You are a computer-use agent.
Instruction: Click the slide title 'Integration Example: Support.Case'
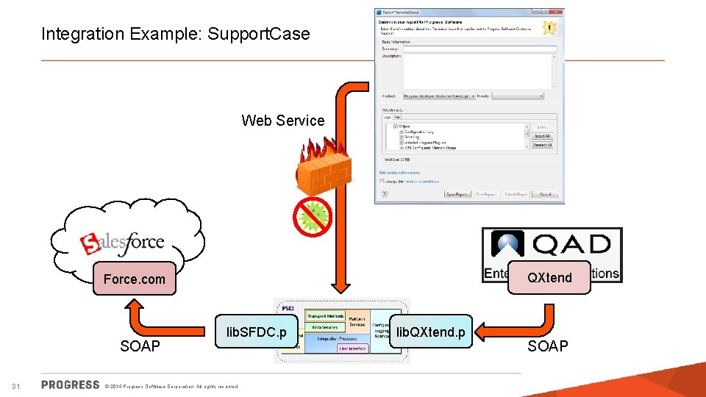176,34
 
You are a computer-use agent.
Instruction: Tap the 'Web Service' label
282,121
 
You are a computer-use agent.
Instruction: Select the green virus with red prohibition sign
313,216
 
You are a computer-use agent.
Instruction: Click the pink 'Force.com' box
135,279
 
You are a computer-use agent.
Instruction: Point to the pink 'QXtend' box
549,277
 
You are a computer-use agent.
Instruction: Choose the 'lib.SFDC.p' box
257,332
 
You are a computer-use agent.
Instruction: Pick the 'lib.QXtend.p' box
430,332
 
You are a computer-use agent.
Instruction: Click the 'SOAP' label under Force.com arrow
140,346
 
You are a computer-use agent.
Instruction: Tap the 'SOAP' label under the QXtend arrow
548,346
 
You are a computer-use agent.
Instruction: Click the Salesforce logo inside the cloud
122,242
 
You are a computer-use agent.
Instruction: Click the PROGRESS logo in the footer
71,385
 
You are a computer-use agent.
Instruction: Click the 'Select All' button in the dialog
541,136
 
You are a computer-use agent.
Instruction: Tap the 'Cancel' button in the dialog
545,194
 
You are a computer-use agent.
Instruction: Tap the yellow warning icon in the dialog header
549,27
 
